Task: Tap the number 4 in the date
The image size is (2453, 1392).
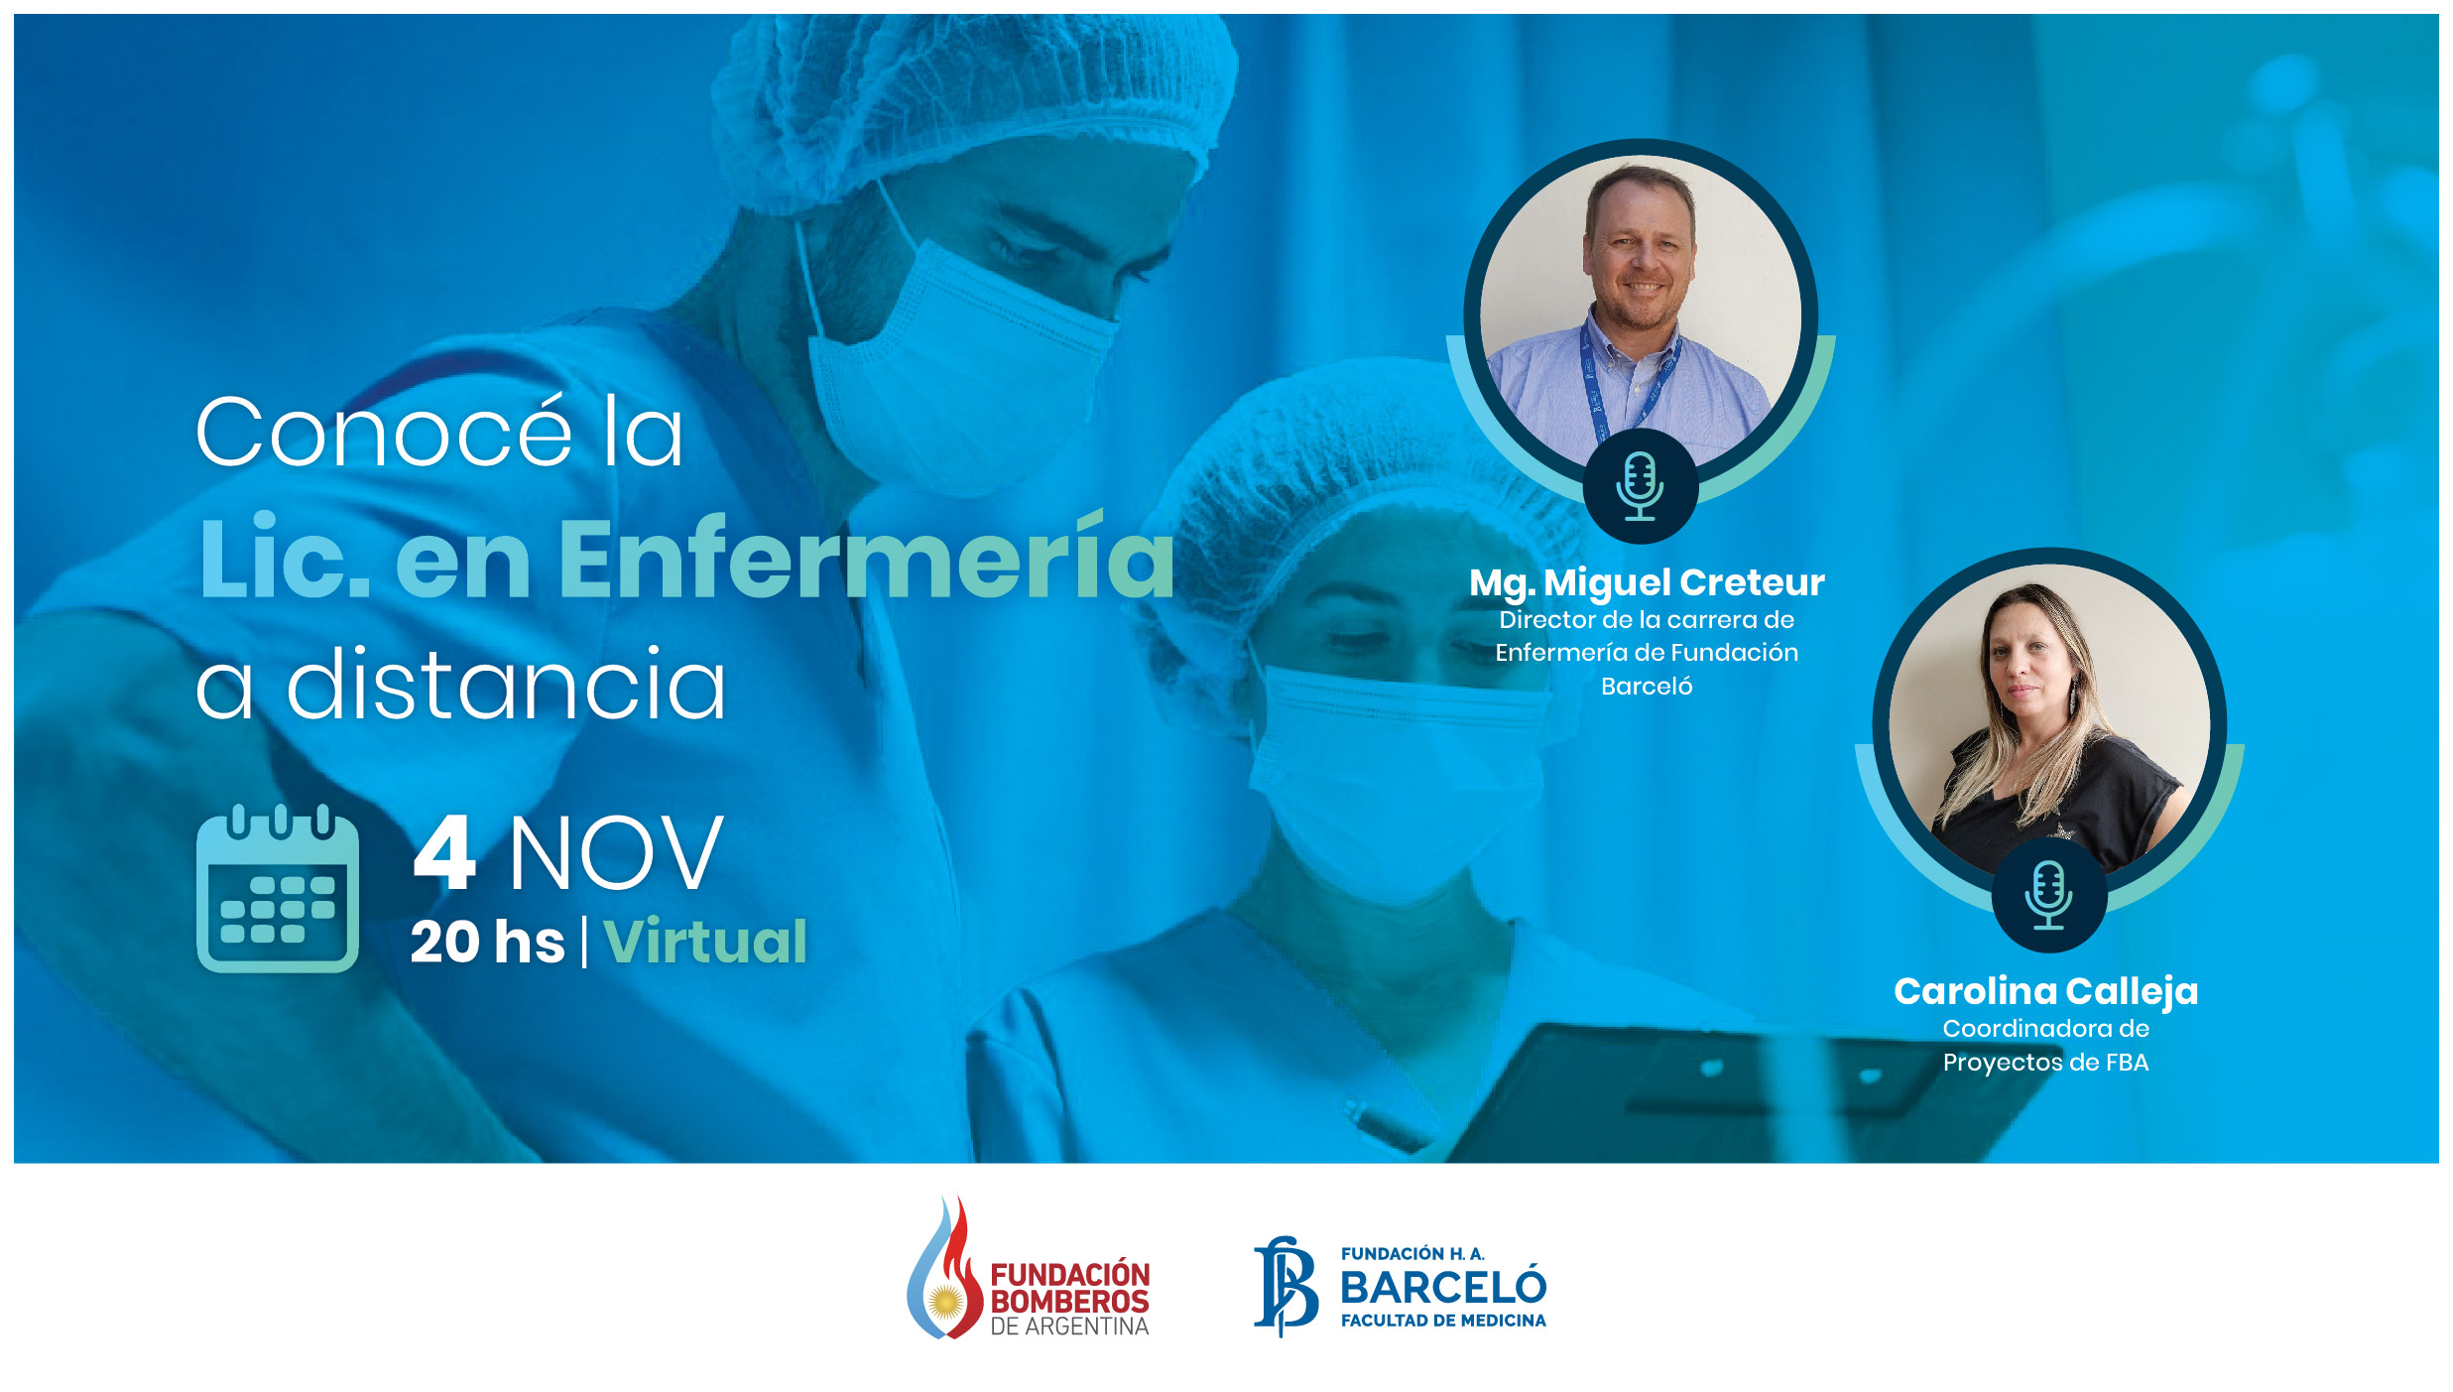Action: [444, 853]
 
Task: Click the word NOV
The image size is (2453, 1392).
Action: [616, 853]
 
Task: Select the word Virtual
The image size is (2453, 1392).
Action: [705, 942]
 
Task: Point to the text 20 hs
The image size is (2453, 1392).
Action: [487, 942]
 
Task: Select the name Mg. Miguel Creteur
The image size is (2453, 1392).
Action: [1647, 582]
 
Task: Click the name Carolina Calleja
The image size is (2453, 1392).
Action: [2045, 991]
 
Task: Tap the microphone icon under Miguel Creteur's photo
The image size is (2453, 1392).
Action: [1640, 486]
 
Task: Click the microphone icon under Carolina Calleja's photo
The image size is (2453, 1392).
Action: [2048, 895]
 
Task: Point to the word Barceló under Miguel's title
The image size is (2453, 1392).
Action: [1647, 687]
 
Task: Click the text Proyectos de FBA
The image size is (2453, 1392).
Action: [2045, 1063]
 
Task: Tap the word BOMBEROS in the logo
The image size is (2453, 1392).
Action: [1069, 1301]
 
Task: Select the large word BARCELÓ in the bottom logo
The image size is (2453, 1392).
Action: [1442, 1288]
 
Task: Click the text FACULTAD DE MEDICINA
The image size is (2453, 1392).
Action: [1442, 1321]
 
